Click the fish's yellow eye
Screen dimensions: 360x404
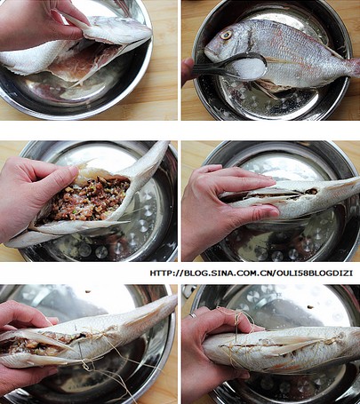(x=227, y=36)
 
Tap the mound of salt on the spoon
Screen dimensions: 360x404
(x=249, y=68)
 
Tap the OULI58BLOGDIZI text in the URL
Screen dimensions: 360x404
(x=315, y=273)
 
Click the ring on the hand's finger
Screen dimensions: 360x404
(x=193, y=315)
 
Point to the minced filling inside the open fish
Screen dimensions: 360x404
(x=86, y=198)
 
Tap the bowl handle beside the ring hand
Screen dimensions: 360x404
(x=188, y=291)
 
